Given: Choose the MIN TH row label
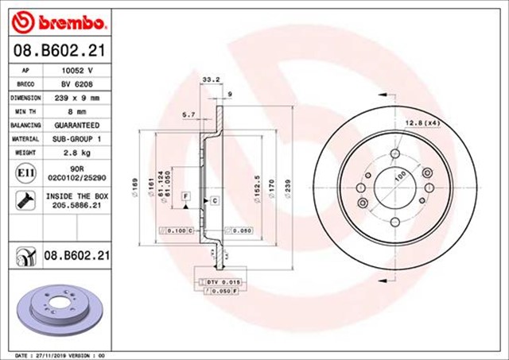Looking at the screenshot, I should click(24, 112).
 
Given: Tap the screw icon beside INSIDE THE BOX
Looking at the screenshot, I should click(24, 199).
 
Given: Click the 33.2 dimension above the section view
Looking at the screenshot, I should click(211, 79).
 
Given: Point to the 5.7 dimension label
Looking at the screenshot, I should click(189, 115).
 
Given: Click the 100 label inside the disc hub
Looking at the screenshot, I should click(396, 176).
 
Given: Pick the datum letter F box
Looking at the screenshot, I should click(185, 195).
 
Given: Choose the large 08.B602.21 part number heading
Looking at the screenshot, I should click(60, 51).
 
